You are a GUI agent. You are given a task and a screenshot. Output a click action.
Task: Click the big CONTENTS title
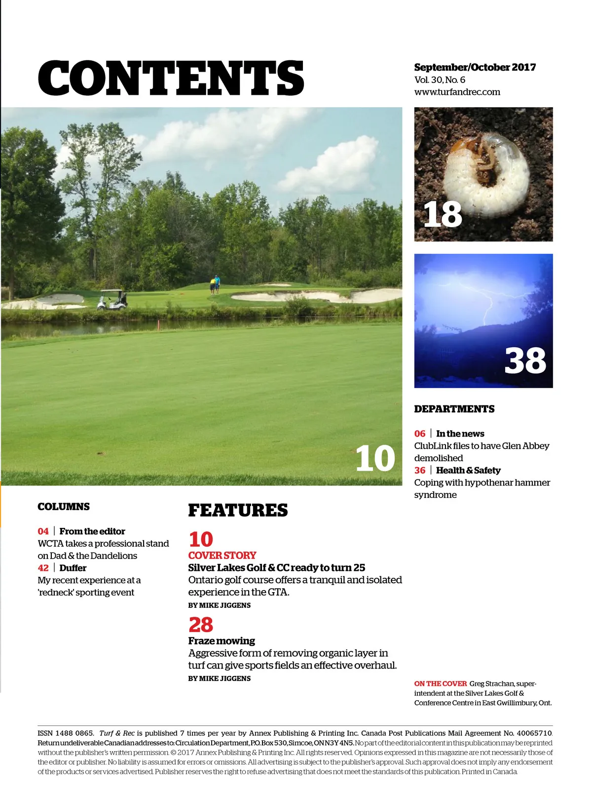pos(171,78)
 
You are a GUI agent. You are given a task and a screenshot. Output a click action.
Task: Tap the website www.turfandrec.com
pos(457,92)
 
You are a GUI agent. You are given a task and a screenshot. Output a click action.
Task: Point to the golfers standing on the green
pos(215,285)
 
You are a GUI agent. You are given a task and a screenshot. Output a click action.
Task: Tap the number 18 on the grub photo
pos(443,215)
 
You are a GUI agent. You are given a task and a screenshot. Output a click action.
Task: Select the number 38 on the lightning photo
pos(525,360)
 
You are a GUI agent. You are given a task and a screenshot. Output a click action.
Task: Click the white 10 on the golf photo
pos(375,459)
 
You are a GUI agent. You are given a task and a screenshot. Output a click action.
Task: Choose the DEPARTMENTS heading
pos(454,409)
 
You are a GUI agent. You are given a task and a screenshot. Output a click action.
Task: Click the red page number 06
pos(420,434)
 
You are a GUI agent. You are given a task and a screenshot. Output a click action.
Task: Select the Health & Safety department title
pos(468,470)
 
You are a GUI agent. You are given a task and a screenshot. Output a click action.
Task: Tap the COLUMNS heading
pos(64,507)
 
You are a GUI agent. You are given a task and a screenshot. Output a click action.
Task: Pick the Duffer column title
pos(73,568)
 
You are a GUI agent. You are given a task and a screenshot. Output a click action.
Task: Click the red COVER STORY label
pos(222,555)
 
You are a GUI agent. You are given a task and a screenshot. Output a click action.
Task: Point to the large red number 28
pos(201,625)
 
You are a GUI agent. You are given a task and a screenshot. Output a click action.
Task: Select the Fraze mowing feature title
pos(222,641)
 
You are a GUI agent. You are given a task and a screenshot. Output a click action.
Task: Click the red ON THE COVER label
pos(440,683)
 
